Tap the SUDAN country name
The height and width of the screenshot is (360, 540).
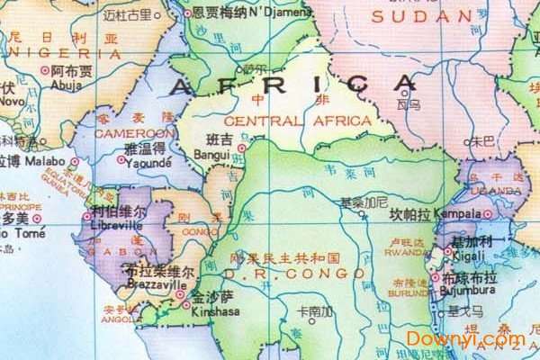tap(421, 16)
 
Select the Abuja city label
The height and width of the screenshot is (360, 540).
tap(67, 87)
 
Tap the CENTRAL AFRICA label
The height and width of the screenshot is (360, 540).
tap(298, 121)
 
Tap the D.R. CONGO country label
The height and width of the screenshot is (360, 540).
tap(282, 273)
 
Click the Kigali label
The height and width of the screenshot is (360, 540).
tap(468, 256)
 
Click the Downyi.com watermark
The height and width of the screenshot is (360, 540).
tap(465, 339)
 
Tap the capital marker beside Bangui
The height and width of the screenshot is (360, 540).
tap(241, 148)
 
